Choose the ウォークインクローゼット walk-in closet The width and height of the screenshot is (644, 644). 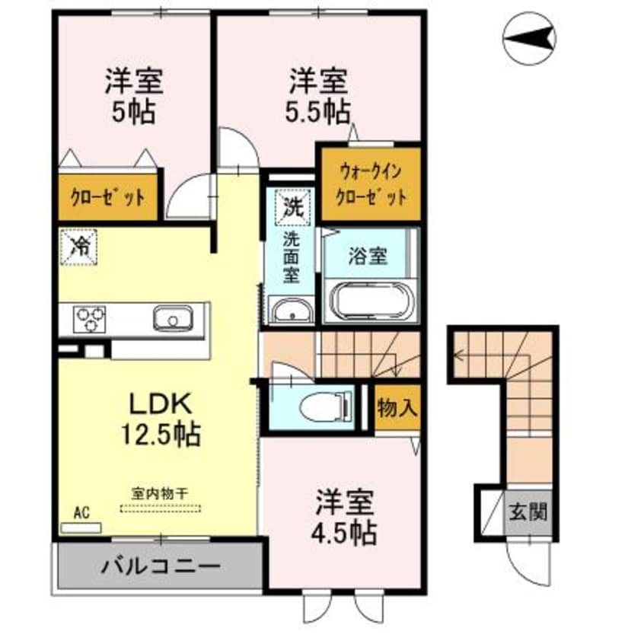click(x=369, y=184)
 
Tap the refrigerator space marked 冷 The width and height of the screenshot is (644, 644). click(x=79, y=246)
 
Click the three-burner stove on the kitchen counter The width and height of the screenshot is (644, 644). click(x=90, y=317)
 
